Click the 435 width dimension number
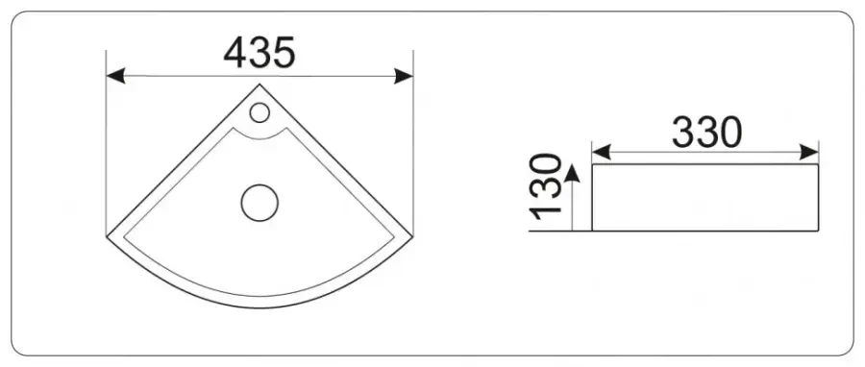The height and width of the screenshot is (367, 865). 259,53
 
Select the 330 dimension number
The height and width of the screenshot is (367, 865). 706,133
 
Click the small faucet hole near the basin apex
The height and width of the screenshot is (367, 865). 259,112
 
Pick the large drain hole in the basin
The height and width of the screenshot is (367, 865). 259,203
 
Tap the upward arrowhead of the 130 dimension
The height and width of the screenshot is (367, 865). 573,173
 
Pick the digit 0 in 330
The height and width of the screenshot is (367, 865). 729,133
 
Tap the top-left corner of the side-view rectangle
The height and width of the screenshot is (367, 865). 592,164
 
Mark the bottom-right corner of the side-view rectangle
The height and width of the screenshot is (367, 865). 818,231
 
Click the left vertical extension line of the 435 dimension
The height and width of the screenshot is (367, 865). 106,144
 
